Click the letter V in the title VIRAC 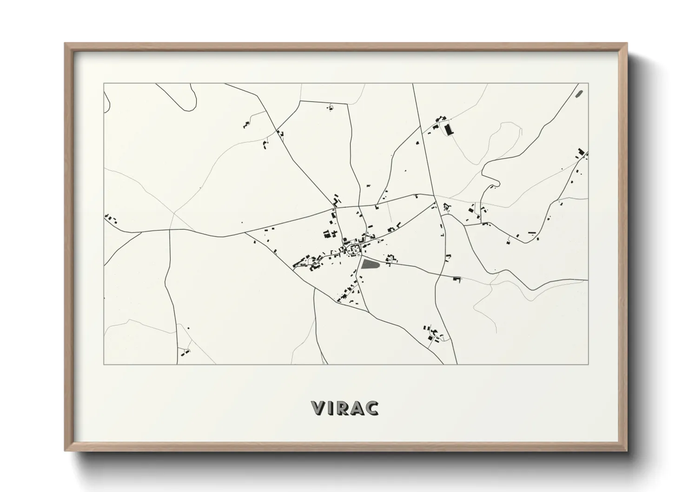319,408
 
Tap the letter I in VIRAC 332,408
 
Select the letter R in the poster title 344,408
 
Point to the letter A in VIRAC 358,408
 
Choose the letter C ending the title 372,408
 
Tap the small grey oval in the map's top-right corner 579,93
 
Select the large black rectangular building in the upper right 449,129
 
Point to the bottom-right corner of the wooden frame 627,450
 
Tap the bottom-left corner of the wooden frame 66,450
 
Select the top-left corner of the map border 104,83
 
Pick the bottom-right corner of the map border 588,365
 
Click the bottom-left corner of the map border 104,365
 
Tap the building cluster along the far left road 110,218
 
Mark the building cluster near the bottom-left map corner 185,352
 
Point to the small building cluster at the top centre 330,108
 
